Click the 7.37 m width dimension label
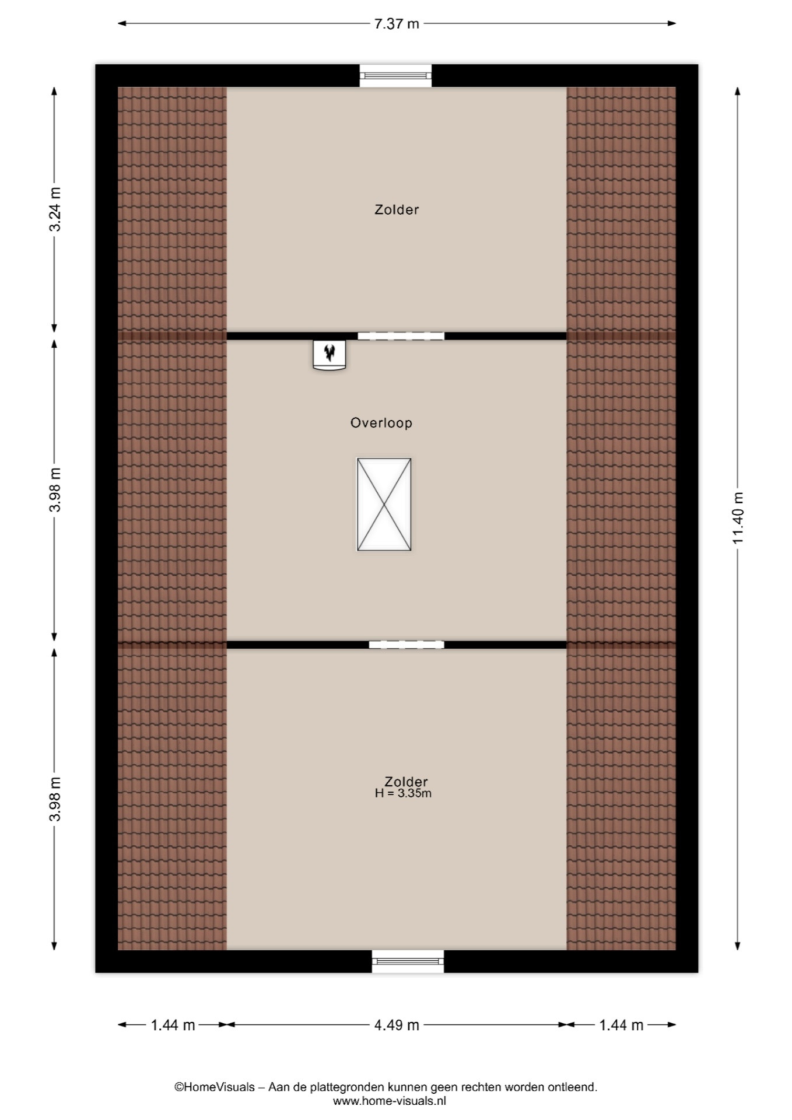(x=397, y=24)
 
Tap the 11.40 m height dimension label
(x=738, y=518)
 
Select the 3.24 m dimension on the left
(x=55, y=209)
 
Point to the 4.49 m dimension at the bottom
(x=397, y=1025)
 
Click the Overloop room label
(x=381, y=423)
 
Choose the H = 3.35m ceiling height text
(x=403, y=793)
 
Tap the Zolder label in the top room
(x=397, y=209)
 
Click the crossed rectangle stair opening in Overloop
(x=384, y=505)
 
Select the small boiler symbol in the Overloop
(x=330, y=355)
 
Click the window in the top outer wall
(x=395, y=75)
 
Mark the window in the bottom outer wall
(x=408, y=961)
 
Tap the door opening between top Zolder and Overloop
(x=401, y=336)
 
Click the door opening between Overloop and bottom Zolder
(x=406, y=645)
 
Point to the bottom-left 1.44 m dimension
(x=173, y=1025)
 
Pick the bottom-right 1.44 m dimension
(x=621, y=1025)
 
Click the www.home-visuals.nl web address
(x=390, y=1101)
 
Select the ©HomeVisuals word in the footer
(x=215, y=1087)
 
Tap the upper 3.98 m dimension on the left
(x=55, y=490)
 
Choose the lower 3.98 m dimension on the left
(x=55, y=799)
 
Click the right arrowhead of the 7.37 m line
(x=672, y=24)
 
